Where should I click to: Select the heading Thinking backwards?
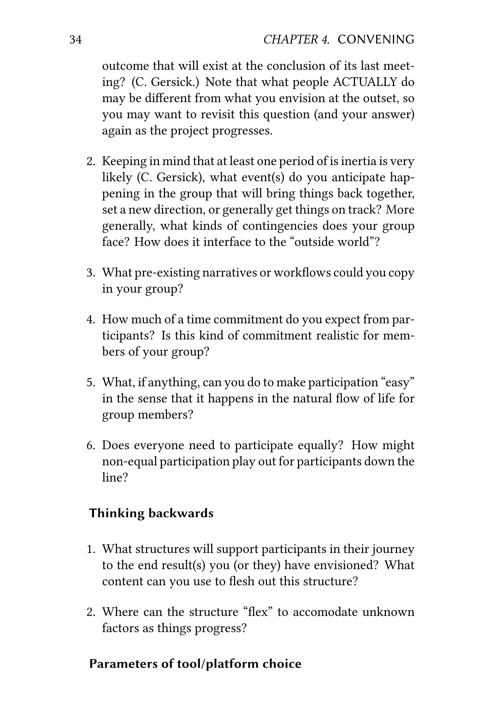click(x=151, y=513)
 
